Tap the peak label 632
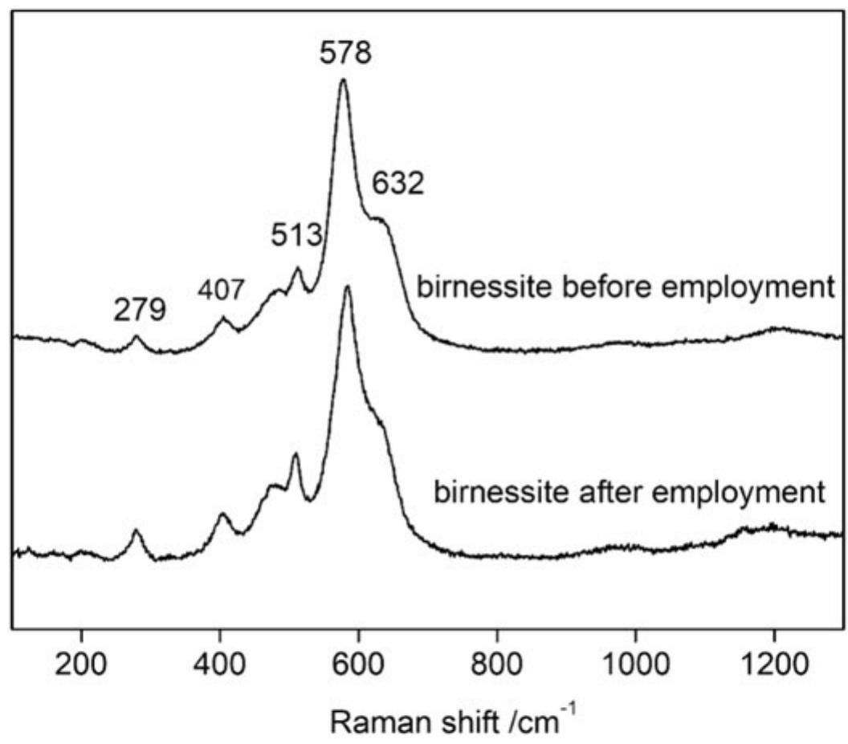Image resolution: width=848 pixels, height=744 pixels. (397, 185)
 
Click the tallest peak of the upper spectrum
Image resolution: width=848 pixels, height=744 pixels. (344, 79)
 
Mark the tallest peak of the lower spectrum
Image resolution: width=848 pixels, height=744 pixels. (348, 287)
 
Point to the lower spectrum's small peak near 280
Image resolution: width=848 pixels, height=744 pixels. (137, 531)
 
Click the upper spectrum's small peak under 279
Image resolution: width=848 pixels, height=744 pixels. (137, 337)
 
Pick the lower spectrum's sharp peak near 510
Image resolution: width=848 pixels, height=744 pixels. (296, 454)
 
